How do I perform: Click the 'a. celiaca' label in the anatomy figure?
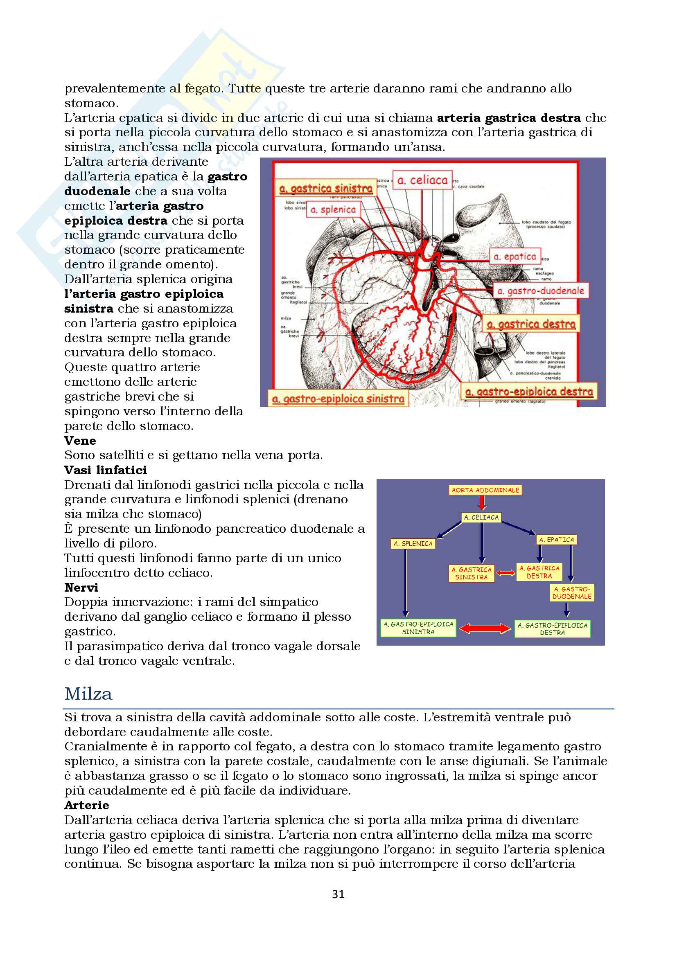click(x=422, y=180)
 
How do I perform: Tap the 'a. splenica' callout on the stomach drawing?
click(x=333, y=209)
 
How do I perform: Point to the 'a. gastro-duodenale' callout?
click(x=541, y=291)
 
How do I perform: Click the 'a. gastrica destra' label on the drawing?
click(x=531, y=324)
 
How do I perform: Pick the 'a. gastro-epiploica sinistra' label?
click(x=338, y=399)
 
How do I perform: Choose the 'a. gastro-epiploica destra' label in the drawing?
click(x=529, y=392)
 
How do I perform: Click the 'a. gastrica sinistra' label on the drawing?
click(x=325, y=188)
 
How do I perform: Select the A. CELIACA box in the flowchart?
click(x=481, y=517)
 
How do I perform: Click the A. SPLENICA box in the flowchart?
click(x=413, y=543)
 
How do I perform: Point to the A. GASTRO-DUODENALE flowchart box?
click(x=572, y=593)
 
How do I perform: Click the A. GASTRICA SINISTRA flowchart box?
click(x=472, y=573)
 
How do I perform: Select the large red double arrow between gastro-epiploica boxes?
click(x=485, y=628)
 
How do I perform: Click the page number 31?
click(x=338, y=894)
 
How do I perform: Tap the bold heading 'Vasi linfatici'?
click(x=106, y=470)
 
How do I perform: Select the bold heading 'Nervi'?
click(x=81, y=587)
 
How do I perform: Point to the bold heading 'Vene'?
click(x=80, y=441)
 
